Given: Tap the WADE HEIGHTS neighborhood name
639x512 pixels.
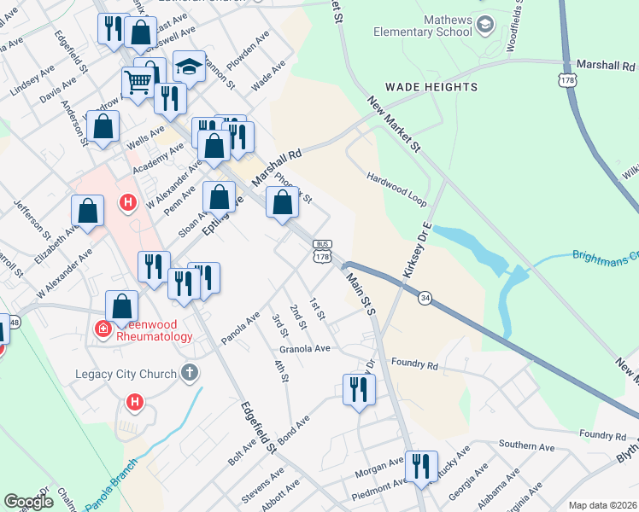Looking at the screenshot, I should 431,87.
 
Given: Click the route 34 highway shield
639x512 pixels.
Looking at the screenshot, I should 425,296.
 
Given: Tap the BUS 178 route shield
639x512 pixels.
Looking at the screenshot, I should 322,251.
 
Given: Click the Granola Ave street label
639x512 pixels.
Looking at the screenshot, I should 304,349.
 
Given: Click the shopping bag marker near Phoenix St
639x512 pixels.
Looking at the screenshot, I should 282,203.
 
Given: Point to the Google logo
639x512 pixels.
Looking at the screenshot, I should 29,502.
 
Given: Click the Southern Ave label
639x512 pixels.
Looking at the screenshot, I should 527,447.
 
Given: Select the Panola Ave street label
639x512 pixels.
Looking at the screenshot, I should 240,324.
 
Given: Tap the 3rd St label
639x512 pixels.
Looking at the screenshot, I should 279,325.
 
